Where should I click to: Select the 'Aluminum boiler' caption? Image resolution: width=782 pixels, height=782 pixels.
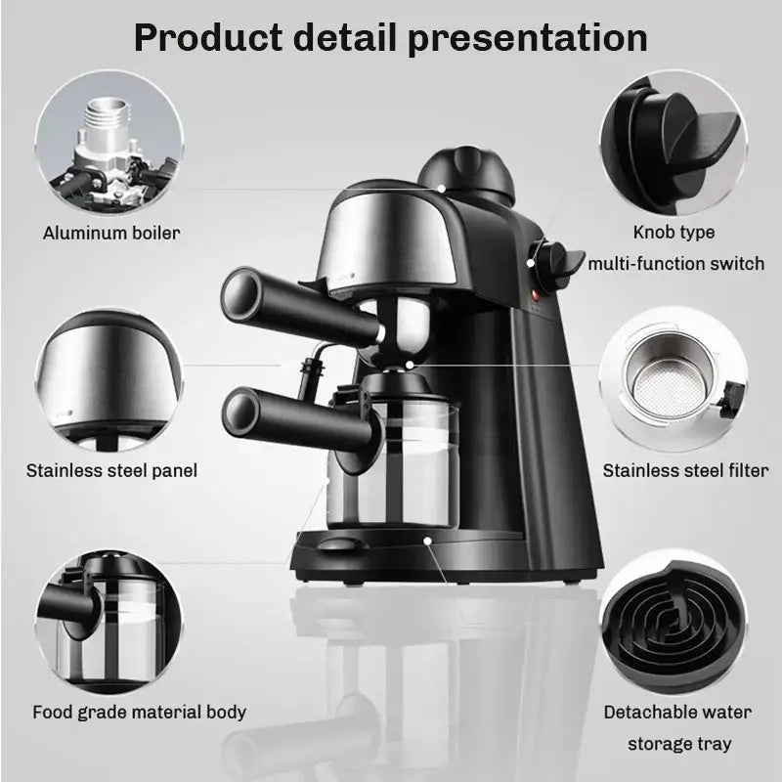pyautogui.click(x=111, y=234)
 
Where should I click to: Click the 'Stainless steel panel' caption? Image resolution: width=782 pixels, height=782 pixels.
pyautogui.click(x=112, y=470)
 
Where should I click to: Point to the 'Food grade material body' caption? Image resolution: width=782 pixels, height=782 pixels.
pyautogui.click(x=139, y=712)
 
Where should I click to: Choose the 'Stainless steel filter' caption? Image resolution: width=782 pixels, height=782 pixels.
pyautogui.click(x=685, y=470)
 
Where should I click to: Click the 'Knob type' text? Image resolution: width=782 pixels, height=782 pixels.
pyautogui.click(x=674, y=233)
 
